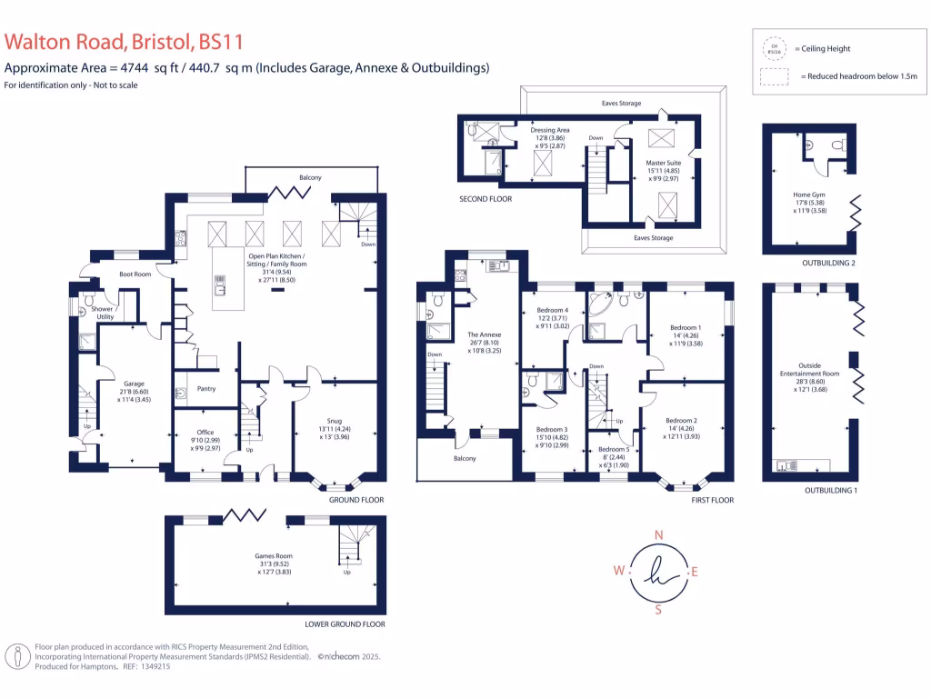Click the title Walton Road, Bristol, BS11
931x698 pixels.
124,42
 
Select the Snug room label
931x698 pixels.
336,421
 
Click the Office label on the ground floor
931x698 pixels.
205,432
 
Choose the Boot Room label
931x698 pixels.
134,274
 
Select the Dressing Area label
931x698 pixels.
550,130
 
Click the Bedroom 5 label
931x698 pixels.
613,450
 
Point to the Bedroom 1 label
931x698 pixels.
686,327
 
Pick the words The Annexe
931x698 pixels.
484,335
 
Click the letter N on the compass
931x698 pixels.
659,534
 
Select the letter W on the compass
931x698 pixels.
619,571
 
